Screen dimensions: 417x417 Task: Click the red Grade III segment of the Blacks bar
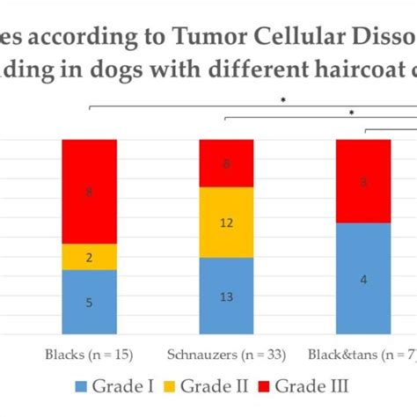pyautogui.click(x=89, y=191)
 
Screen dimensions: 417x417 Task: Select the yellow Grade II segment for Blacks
pyautogui.click(x=89, y=256)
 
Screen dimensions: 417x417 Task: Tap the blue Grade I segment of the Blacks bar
pyautogui.click(x=89, y=302)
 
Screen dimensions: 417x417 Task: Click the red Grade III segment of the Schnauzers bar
pyautogui.click(x=226, y=163)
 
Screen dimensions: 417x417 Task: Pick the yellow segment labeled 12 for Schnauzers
pyautogui.click(x=226, y=223)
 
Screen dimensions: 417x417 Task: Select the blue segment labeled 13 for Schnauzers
pyautogui.click(x=226, y=296)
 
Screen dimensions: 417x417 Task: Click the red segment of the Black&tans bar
pyautogui.click(x=363, y=181)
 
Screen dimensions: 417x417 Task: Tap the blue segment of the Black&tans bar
pyautogui.click(x=363, y=279)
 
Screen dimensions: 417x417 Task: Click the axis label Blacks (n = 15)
pyautogui.click(x=88, y=355)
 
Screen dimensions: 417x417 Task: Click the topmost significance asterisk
pyautogui.click(x=283, y=100)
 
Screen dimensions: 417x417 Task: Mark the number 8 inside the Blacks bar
pyautogui.click(x=89, y=191)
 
